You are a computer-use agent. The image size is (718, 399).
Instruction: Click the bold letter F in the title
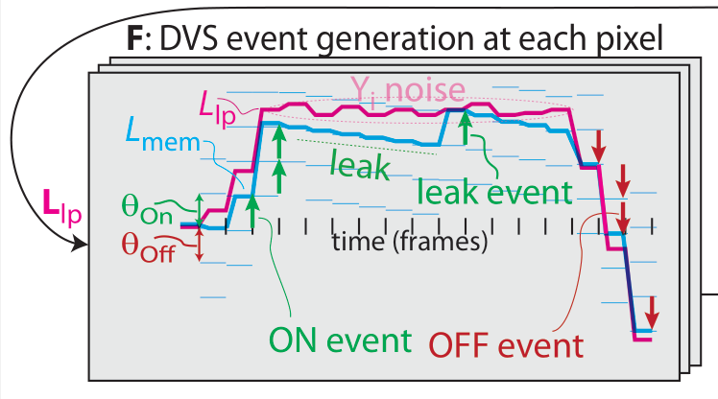134,40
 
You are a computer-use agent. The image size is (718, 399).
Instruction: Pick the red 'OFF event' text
505,342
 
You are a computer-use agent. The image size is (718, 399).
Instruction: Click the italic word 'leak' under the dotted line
359,168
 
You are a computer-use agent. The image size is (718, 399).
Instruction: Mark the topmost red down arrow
599,146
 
